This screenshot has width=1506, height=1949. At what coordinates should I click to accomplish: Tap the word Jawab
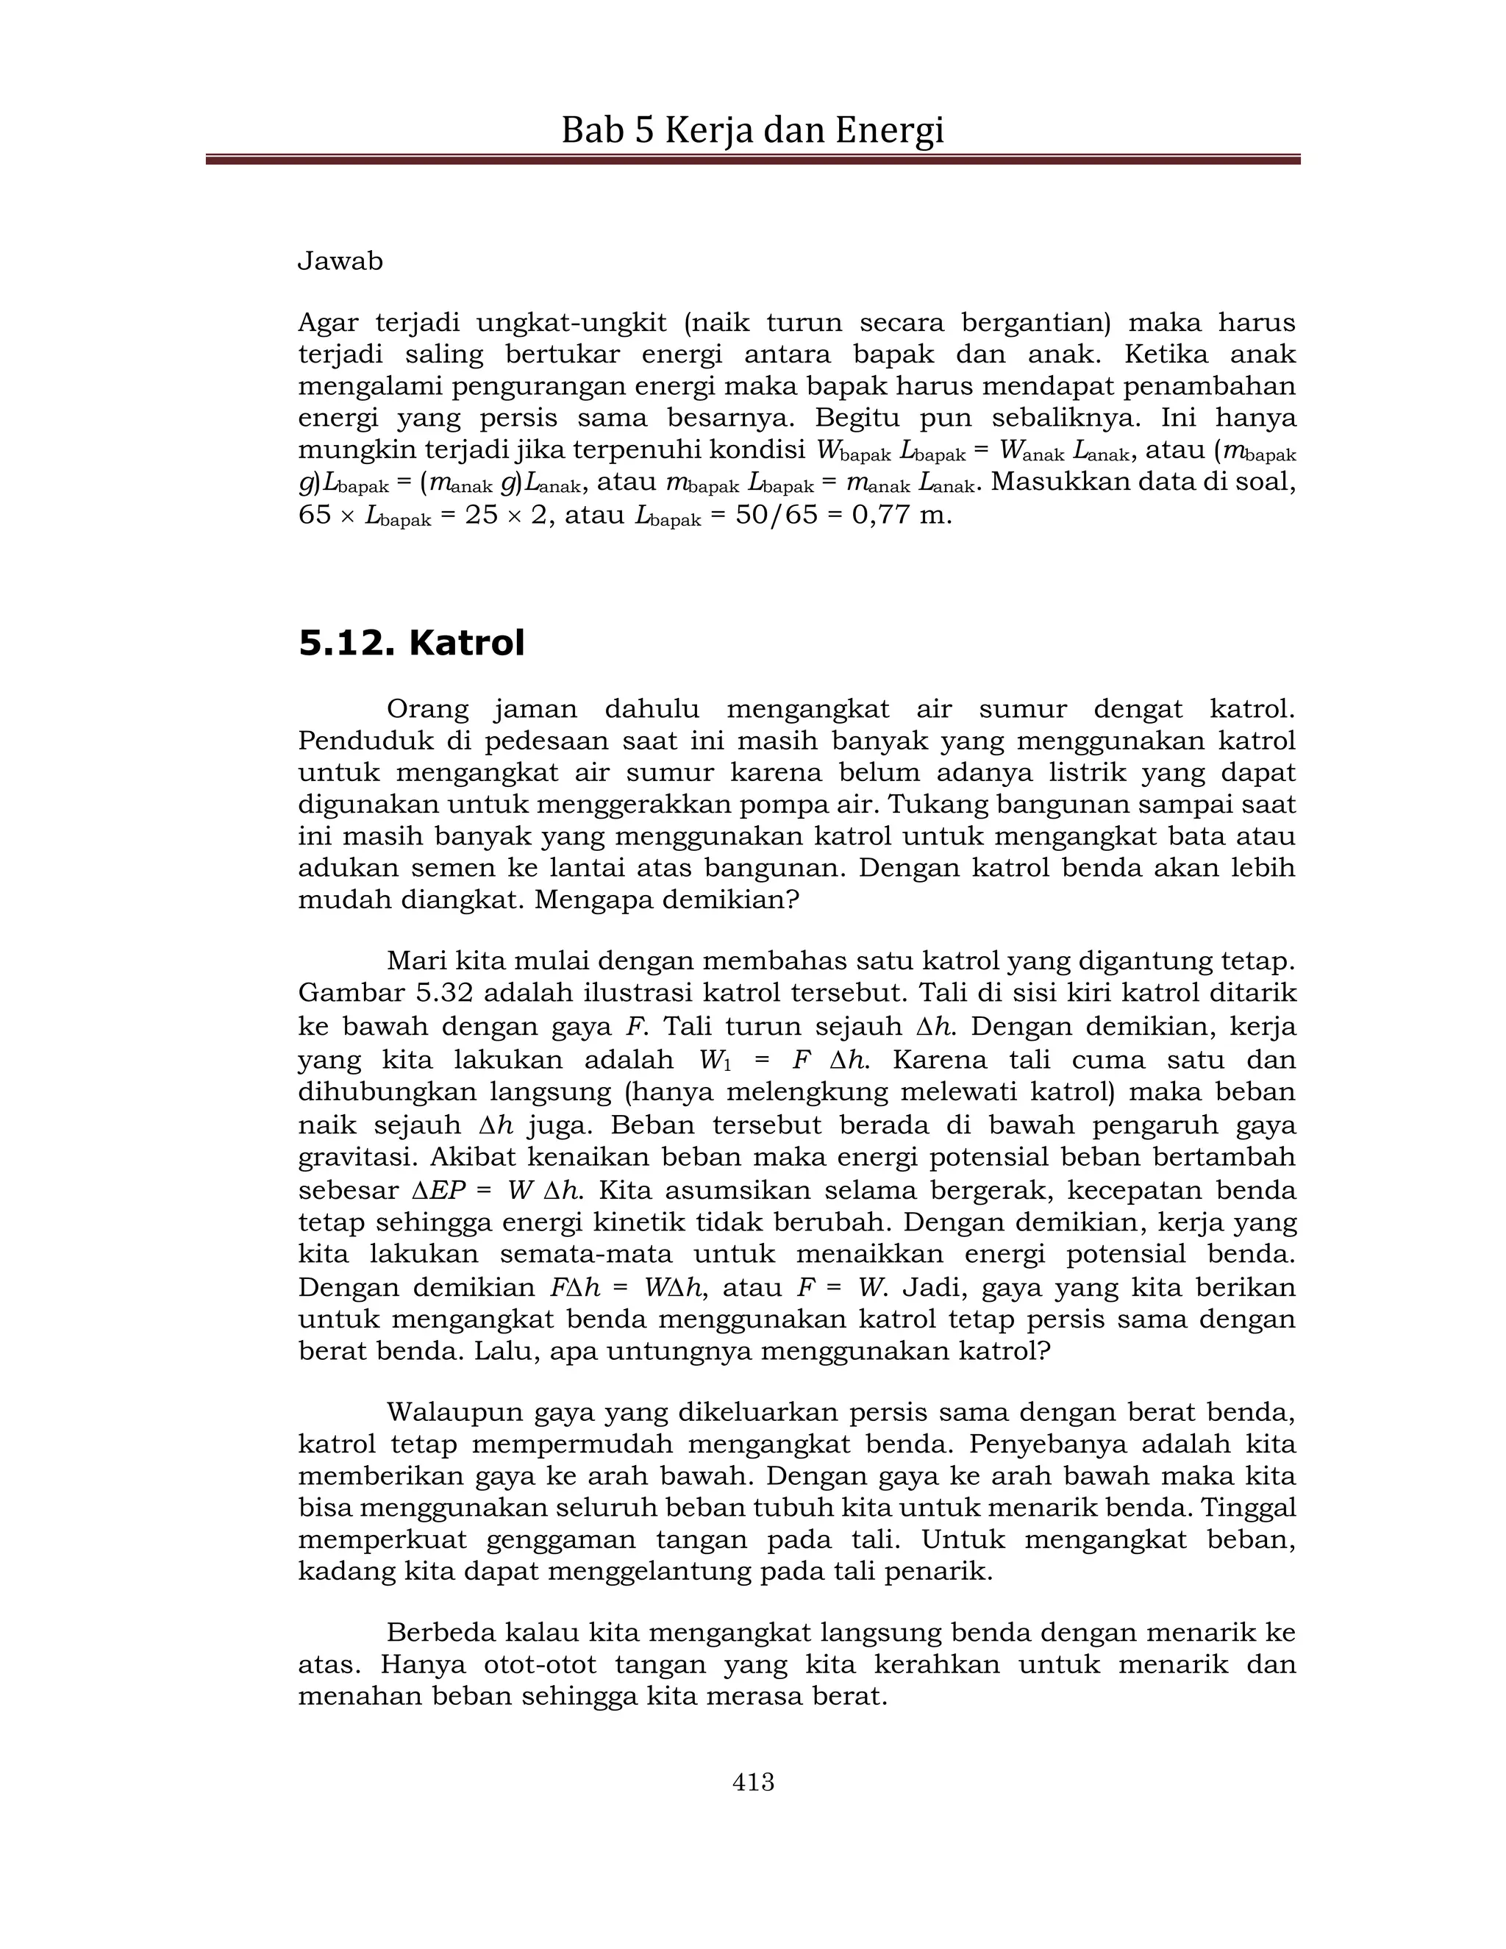[340, 262]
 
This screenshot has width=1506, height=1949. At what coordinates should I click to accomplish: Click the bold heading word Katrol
[467, 643]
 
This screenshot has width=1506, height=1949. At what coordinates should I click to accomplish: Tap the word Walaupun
[454, 1413]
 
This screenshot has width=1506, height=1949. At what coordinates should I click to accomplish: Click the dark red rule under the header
[753, 160]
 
